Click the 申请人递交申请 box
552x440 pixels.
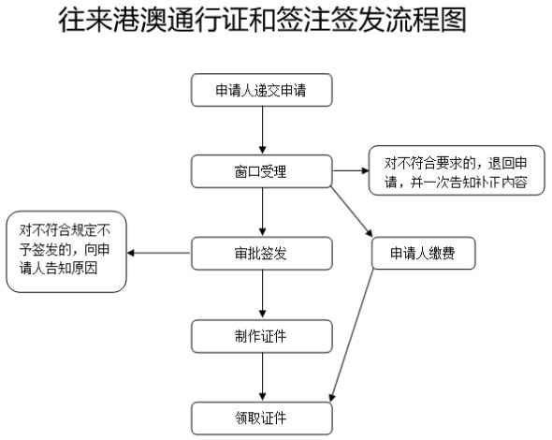pos(262,90)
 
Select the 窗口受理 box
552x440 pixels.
pos(262,171)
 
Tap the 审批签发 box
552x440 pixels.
pos(262,254)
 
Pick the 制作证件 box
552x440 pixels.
pos(262,336)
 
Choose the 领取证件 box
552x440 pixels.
pos(262,418)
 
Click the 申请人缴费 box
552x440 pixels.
pos(424,253)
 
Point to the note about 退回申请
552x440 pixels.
pos(457,170)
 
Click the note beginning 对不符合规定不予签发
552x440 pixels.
pos(66,252)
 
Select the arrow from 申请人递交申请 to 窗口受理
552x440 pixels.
pos(262,130)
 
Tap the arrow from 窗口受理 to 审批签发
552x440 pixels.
pos(262,213)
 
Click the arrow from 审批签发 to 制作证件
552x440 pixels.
pos(262,295)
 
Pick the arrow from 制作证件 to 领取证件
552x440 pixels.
pos(262,377)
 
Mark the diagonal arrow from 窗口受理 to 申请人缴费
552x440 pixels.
pos(352,212)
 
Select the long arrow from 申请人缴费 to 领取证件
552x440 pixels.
pos(352,335)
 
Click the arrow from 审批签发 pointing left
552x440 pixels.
pos(159,253)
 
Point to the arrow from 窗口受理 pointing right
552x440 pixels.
pos(351,171)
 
